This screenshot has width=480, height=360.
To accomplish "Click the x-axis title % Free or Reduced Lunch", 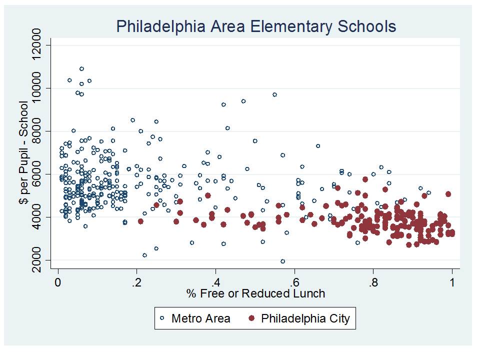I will coord(256,293).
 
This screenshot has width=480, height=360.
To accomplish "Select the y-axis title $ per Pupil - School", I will coord(23,152).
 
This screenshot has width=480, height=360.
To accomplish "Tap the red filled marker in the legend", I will coord(252,318).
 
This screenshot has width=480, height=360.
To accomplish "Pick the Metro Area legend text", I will coord(200,318).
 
